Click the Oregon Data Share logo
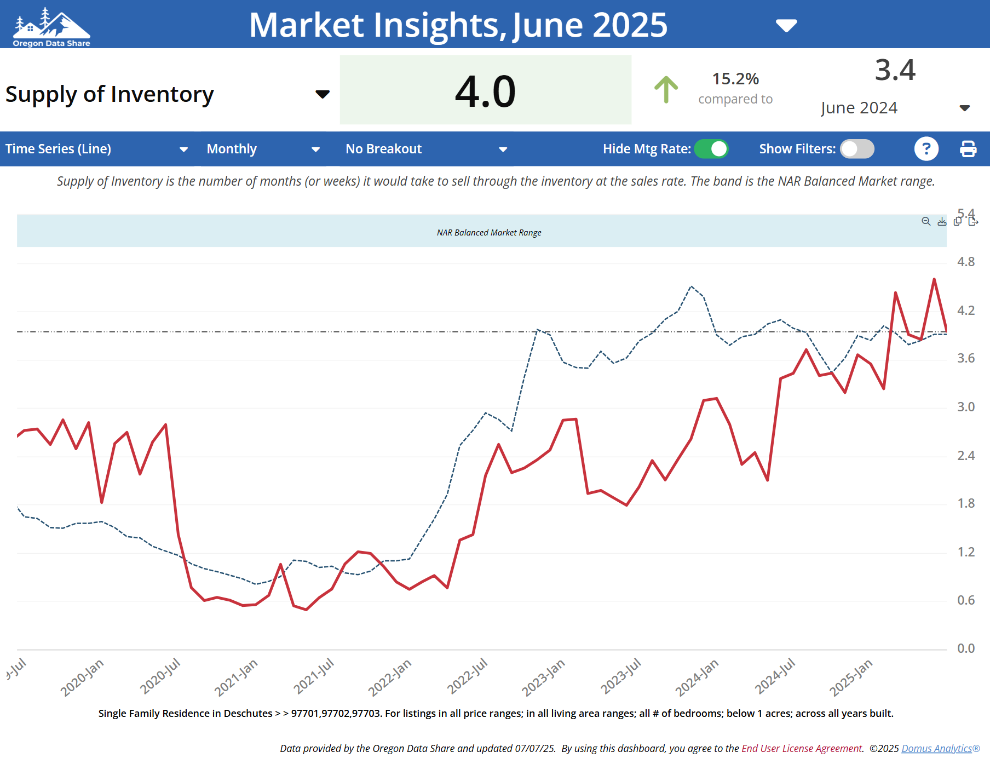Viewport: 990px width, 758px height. [51, 27]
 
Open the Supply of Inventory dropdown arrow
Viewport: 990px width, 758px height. [323, 94]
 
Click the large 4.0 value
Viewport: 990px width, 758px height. [485, 91]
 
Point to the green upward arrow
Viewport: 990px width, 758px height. [666, 89]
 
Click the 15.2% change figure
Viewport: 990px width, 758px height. [735, 79]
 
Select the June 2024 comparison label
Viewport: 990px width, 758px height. [859, 108]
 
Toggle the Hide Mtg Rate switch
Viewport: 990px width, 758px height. [711, 149]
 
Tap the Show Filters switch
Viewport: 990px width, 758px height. [857, 149]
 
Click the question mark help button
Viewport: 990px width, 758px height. [926, 149]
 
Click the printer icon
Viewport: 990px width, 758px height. [968, 149]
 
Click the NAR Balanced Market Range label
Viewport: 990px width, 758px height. [489, 233]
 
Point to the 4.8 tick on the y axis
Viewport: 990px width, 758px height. [966, 262]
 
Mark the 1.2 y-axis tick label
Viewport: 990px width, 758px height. [966, 552]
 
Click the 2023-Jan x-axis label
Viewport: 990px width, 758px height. [543, 678]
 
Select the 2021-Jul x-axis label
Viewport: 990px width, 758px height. [313, 676]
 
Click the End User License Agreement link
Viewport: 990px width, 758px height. [802, 749]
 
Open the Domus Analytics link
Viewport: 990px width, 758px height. [937, 749]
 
